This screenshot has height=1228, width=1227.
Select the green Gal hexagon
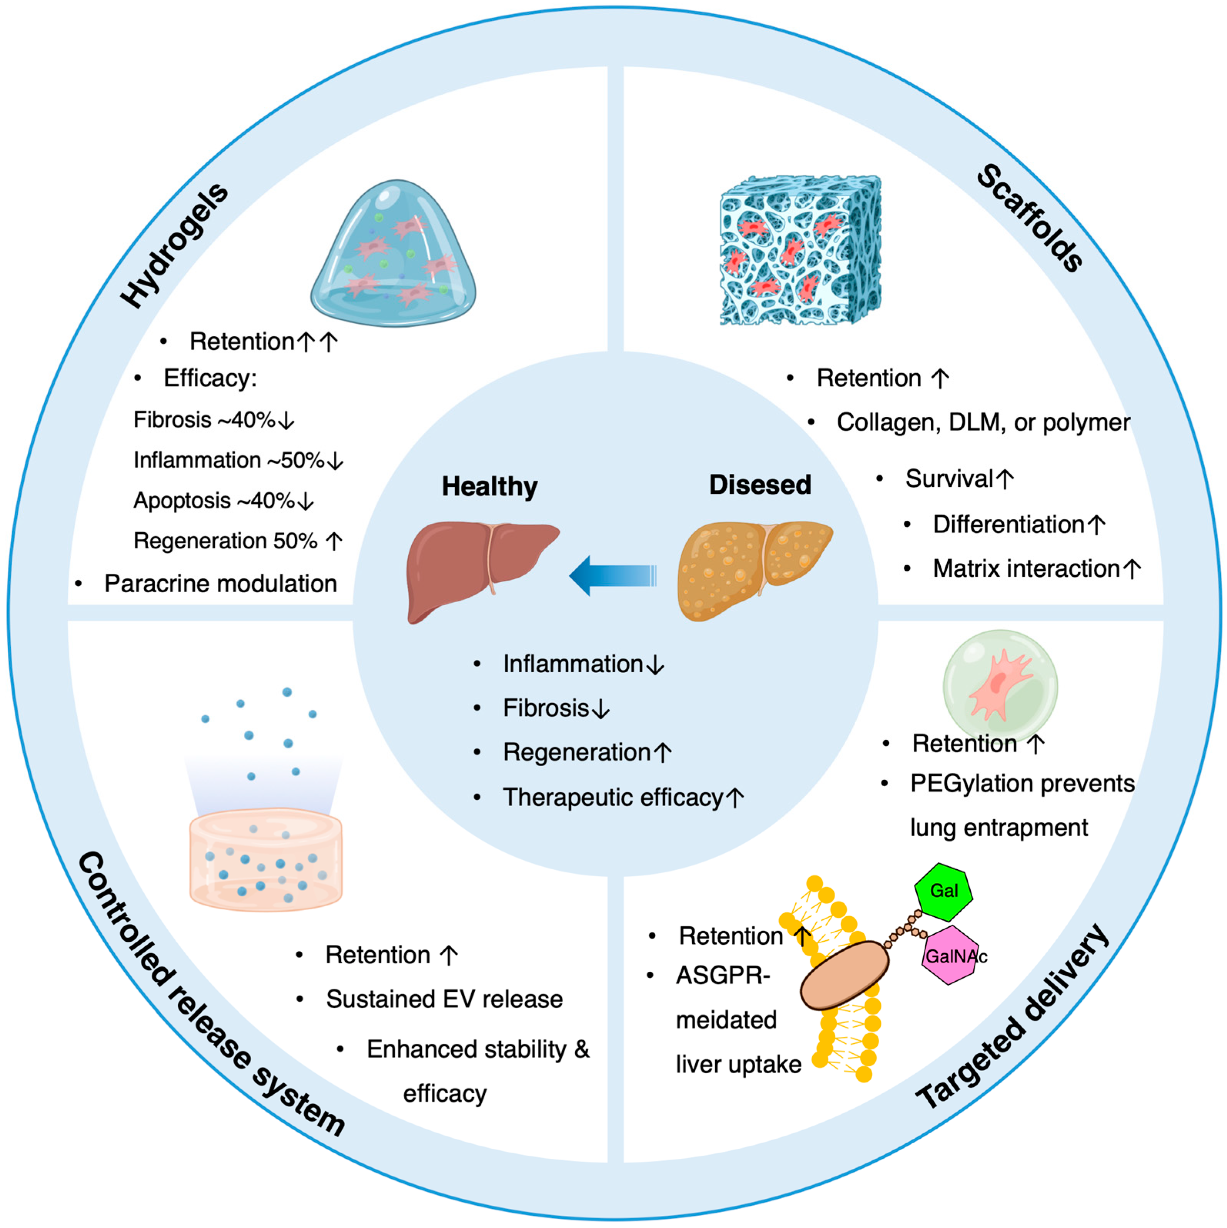click(943, 891)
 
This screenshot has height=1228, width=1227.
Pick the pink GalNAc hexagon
click(951, 955)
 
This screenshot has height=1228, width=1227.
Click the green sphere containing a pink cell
click(1000, 685)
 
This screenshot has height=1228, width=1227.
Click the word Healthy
click(489, 486)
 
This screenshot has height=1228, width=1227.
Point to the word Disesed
click(760, 485)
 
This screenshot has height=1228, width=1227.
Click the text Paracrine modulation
click(220, 583)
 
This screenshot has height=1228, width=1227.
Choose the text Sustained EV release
click(444, 999)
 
